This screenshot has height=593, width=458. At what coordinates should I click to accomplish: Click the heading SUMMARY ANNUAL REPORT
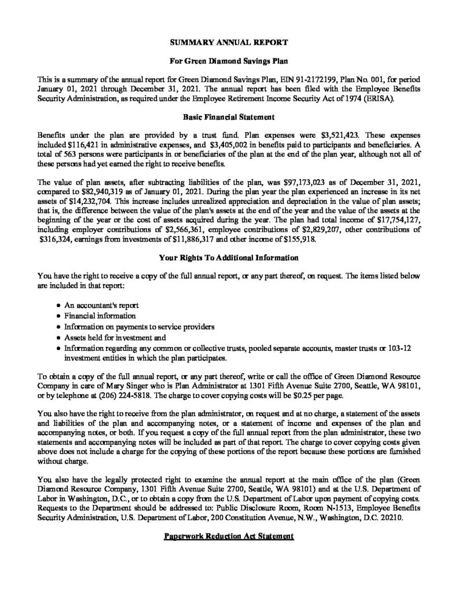pyautogui.click(x=229, y=43)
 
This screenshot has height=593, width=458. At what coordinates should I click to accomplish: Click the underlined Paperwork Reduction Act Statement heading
pyautogui.click(x=229, y=537)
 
